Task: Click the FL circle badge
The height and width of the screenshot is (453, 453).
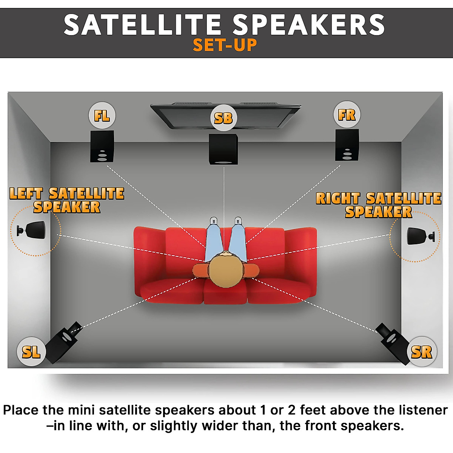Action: pos(102,115)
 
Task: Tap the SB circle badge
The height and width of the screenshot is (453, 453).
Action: pos(223,118)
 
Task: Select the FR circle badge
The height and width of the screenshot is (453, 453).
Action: pos(347,115)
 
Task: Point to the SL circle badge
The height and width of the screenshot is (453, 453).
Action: pos(31,351)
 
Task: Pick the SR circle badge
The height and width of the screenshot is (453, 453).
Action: pos(422,351)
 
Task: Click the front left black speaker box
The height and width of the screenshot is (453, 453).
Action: pos(102,146)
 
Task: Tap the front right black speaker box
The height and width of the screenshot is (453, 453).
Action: pos(347,145)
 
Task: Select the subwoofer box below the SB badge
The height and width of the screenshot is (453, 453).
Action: pos(223,149)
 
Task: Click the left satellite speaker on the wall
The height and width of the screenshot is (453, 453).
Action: pos(31,230)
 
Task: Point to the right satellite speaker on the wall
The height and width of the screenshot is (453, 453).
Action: pos(421,236)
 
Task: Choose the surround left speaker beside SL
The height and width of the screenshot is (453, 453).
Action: pos(63,342)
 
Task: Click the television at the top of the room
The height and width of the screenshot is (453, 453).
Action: pos(226,116)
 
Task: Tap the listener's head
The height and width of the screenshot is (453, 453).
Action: pos(225,271)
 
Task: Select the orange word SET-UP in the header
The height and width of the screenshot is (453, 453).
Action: pos(225,45)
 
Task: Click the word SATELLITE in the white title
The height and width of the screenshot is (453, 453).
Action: pos(142,25)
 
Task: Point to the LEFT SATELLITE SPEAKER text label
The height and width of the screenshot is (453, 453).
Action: pos(67,200)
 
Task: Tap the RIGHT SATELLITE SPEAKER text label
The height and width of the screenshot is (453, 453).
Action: pos(379,205)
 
